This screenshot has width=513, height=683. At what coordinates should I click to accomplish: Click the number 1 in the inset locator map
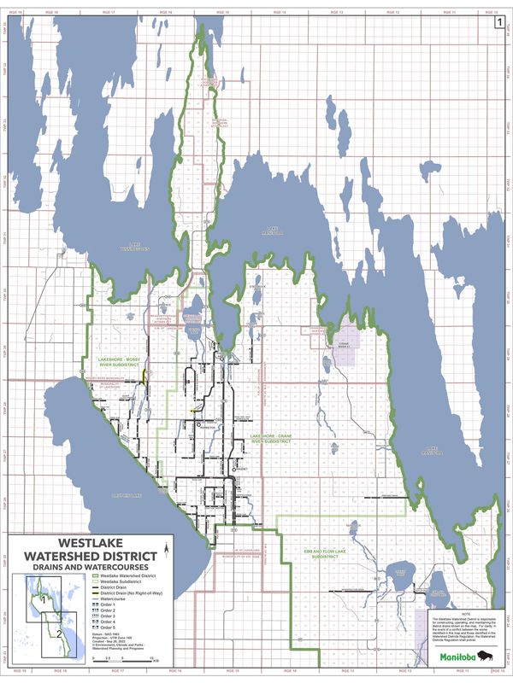[x=42, y=600]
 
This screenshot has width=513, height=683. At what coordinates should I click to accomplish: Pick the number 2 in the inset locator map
[x=56, y=633]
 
